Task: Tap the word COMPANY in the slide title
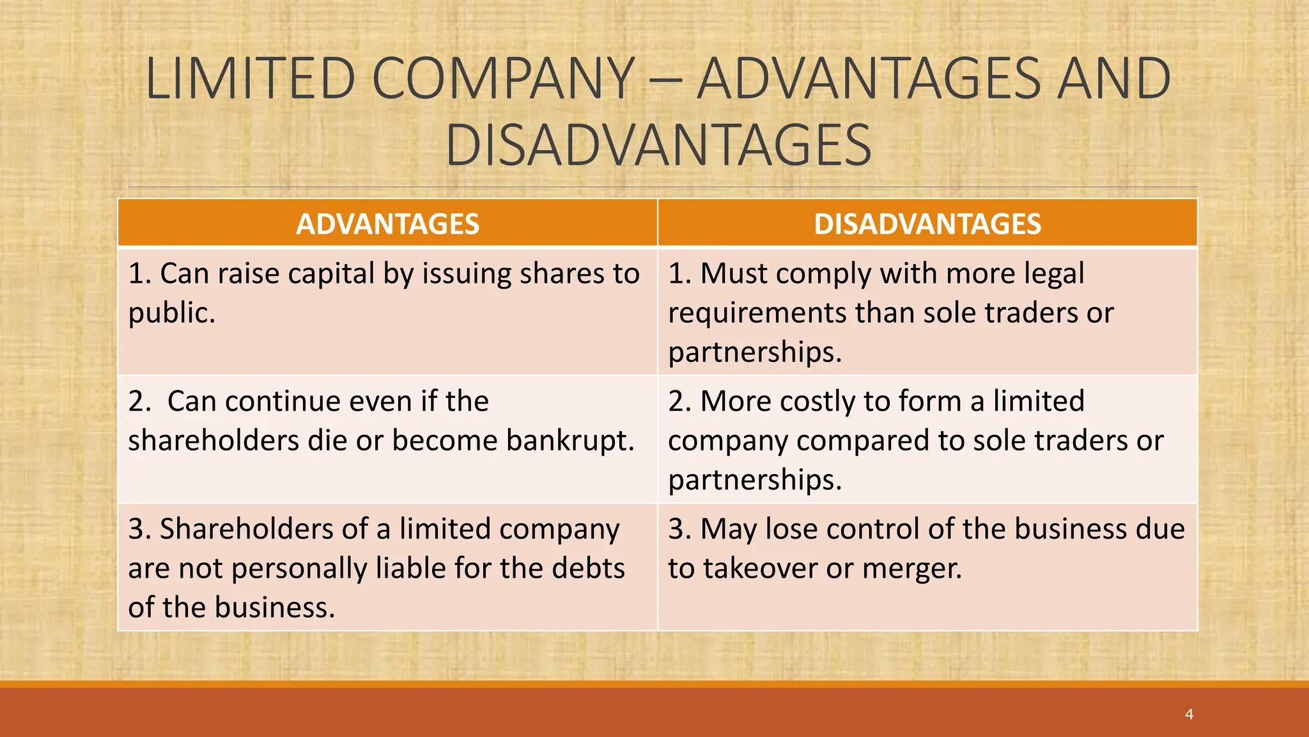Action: pos(504,79)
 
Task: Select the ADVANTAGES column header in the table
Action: pos(387,224)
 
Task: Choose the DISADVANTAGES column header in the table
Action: pos(927,224)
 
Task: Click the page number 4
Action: pos(1189,714)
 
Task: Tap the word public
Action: pos(171,313)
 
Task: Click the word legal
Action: pos(1054,274)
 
